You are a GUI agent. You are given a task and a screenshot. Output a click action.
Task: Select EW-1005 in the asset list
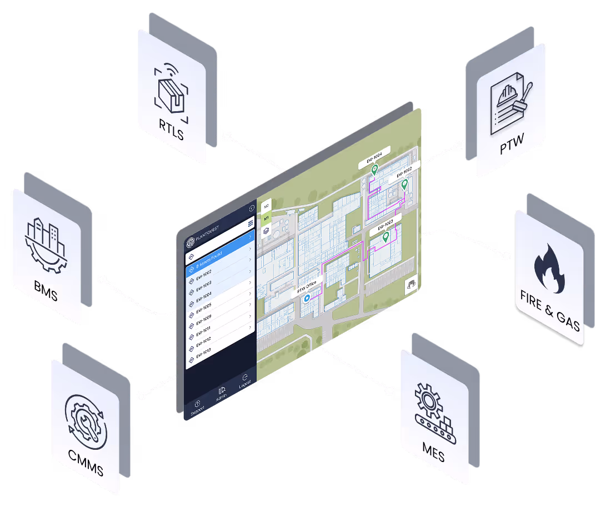pos(204,306)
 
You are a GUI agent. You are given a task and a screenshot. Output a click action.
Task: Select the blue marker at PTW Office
pos(305,299)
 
